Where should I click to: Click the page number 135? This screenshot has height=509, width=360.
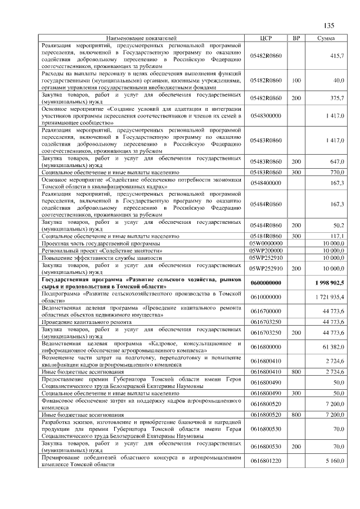coord(329,25)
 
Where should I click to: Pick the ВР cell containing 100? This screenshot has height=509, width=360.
coord(296,80)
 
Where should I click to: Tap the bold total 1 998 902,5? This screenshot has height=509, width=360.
coord(330,282)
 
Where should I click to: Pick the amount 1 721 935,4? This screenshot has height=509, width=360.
coord(331,296)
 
